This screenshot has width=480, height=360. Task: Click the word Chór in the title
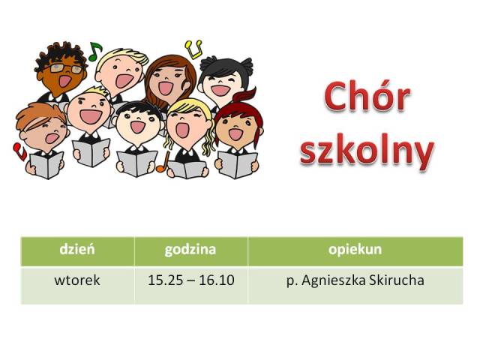[367, 96]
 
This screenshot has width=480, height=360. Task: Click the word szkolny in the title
[367, 151]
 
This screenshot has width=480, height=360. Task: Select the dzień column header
[77, 249]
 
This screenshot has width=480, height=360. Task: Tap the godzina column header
[190, 250]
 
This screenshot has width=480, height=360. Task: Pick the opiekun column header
[355, 250]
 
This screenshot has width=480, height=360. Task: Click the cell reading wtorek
[77, 280]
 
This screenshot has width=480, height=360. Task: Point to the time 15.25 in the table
[165, 280]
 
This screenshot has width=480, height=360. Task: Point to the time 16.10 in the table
[217, 280]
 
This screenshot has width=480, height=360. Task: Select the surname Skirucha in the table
[397, 280]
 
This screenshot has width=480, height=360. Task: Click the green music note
[94, 51]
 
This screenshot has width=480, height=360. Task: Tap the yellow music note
[193, 49]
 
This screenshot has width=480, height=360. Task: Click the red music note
[19, 151]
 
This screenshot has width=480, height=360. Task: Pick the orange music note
[163, 162]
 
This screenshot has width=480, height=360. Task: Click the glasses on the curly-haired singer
[66, 68]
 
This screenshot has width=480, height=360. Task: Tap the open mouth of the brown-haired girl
[166, 88]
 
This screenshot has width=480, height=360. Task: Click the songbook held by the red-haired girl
[237, 165]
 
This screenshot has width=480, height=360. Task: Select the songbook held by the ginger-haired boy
[46, 166]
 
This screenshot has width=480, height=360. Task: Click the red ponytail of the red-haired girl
[245, 94]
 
